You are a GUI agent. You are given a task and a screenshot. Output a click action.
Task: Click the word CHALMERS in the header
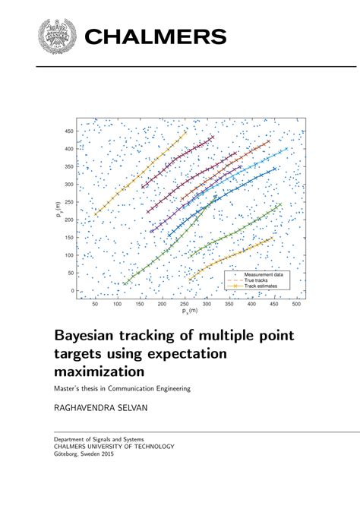point(156,36)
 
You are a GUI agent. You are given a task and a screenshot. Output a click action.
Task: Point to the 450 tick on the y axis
point(68,131)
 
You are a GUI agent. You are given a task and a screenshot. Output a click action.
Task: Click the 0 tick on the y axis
point(73,290)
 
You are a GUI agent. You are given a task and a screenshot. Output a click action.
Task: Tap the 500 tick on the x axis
point(296,304)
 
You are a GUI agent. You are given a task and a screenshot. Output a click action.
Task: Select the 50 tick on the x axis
point(95,304)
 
